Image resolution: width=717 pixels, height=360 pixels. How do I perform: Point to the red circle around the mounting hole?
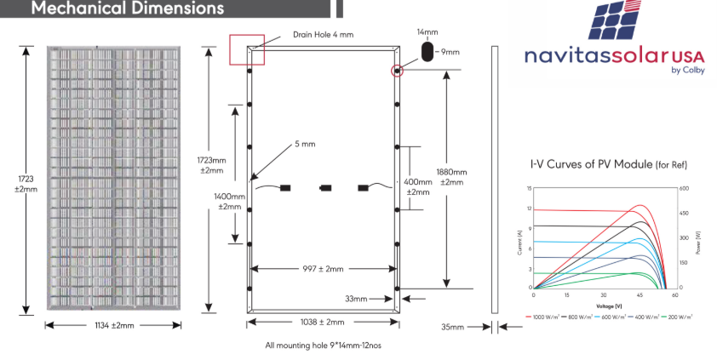point(396,70)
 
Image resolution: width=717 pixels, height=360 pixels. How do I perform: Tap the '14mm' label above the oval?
point(427,31)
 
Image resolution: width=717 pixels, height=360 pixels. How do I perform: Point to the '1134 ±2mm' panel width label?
point(113,325)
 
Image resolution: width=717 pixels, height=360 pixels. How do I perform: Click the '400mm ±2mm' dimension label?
point(418,186)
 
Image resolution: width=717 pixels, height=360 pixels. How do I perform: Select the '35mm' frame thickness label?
point(453,326)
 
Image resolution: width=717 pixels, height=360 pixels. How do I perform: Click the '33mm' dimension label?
point(355,299)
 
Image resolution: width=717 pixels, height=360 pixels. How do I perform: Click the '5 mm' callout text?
point(305,144)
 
